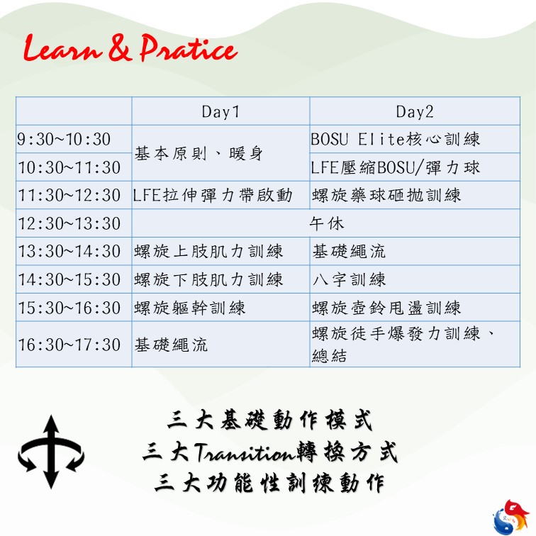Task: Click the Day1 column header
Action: (x=220, y=112)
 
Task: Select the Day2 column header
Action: (x=415, y=112)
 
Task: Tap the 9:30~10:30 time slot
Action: (x=64, y=140)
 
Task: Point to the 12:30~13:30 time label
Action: (x=69, y=223)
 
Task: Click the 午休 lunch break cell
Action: (x=326, y=223)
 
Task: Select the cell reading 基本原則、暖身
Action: (x=199, y=153)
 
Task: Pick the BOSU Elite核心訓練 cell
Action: (x=396, y=140)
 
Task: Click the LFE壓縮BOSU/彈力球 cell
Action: (x=396, y=167)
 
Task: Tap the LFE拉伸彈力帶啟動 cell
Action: (x=213, y=196)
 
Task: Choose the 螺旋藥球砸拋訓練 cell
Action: (x=386, y=196)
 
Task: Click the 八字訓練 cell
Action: (x=349, y=279)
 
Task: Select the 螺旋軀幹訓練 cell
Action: (x=190, y=308)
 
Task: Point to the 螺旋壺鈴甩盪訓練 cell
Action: (x=386, y=308)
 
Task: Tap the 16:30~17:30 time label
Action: (x=69, y=345)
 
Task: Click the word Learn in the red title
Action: (x=62, y=48)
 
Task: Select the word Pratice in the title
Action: (x=189, y=48)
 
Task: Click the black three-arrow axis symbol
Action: (x=51, y=452)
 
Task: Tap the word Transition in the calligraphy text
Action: (x=245, y=452)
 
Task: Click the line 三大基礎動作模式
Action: (x=269, y=420)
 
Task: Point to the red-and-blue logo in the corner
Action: (x=511, y=517)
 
